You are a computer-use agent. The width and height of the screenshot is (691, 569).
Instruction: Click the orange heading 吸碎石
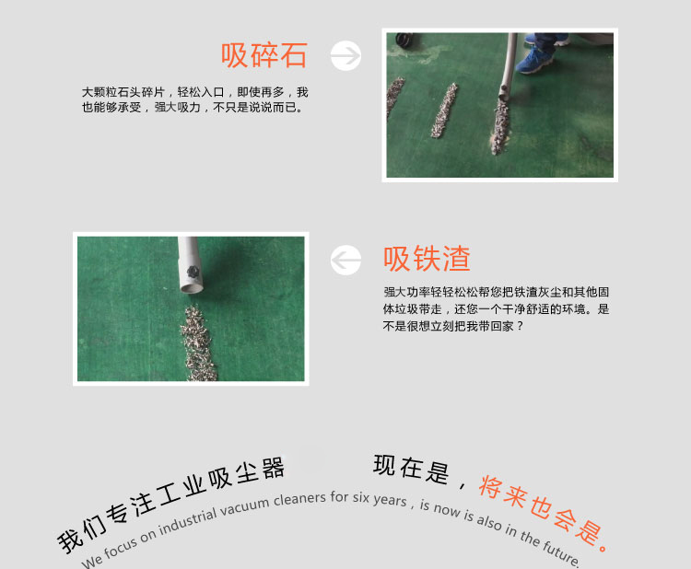pyautogui.click(x=264, y=56)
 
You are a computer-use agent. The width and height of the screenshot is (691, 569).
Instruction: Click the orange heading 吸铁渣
pyautogui.click(x=427, y=260)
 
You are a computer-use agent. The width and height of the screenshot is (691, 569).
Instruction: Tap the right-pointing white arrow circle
pyautogui.click(x=345, y=56)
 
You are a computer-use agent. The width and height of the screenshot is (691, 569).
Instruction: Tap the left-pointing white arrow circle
pyautogui.click(x=346, y=261)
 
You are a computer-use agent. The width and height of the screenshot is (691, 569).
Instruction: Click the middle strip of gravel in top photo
pyautogui.click(x=445, y=110)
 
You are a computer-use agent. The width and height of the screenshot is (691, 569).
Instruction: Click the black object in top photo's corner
pyautogui.click(x=403, y=41)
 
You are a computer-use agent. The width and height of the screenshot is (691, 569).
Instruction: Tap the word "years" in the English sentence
pyautogui.click(x=390, y=500)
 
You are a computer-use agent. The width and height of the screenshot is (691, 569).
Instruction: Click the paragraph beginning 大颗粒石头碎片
pyautogui.click(x=194, y=99)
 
